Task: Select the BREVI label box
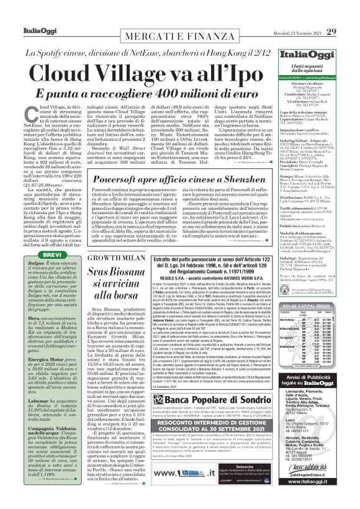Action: pos(30,236)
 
